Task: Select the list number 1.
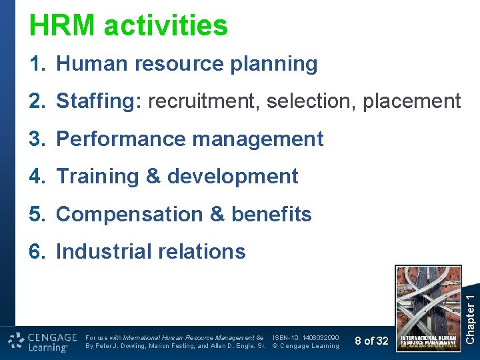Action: coord(36,64)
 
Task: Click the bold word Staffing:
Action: coord(99,102)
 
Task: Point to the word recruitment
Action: coord(204,102)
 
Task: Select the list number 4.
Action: coord(36,177)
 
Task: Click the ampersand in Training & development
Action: coord(153,177)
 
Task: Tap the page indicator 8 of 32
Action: coord(371,341)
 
